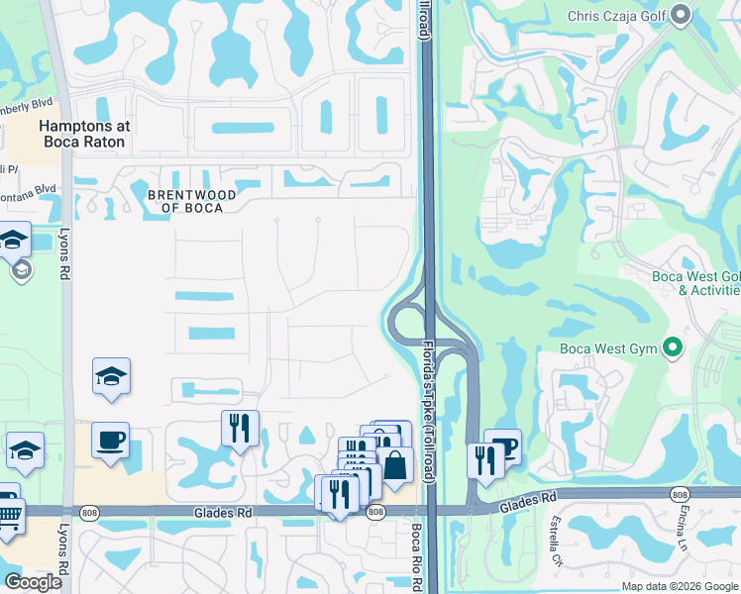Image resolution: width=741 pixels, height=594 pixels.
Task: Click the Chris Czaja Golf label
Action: click(617, 16)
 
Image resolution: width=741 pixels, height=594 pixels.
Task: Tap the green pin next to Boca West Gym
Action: click(674, 347)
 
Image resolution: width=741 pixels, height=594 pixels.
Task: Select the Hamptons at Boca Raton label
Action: click(82, 135)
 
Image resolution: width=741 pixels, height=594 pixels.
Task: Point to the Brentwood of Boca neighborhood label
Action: click(191, 201)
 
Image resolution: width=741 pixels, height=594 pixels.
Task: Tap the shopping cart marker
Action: click(8, 516)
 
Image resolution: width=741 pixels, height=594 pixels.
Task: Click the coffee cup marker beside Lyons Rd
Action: click(110, 439)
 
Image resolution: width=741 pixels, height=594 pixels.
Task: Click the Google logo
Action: click(33, 582)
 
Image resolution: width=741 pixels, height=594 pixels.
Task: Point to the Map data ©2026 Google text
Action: click(680, 586)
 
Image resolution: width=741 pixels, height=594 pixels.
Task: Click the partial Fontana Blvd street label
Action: click(30, 188)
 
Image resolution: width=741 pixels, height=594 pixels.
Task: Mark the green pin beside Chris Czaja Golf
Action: click(680, 15)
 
